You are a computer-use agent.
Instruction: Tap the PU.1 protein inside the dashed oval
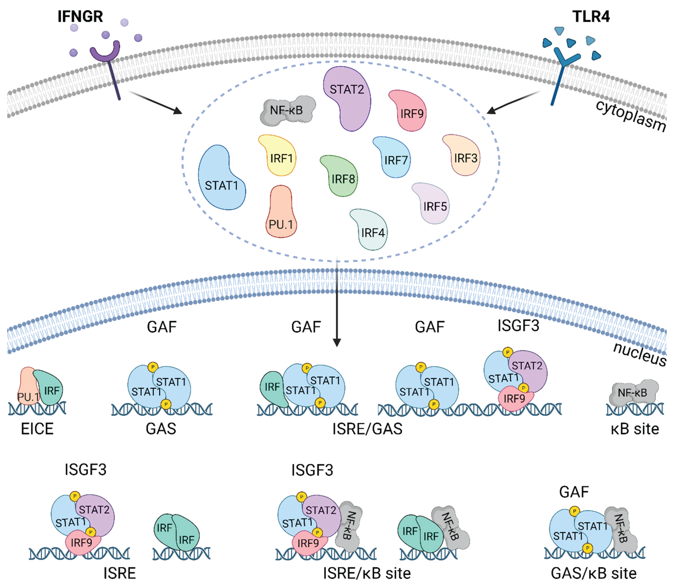point(281,213)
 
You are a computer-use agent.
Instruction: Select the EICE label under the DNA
point(37,429)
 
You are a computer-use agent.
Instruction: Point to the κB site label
point(635,429)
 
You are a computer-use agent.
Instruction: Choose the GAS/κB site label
point(594,573)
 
